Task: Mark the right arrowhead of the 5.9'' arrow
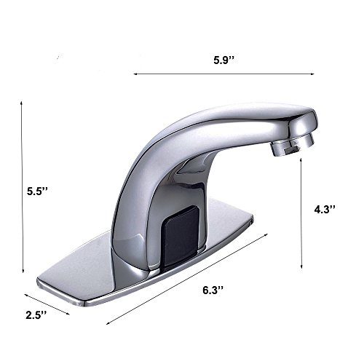[x=322, y=73]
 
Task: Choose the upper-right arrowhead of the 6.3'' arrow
[x=266, y=234]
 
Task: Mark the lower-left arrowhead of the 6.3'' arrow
[x=108, y=323]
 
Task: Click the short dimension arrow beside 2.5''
[x=47, y=304]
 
